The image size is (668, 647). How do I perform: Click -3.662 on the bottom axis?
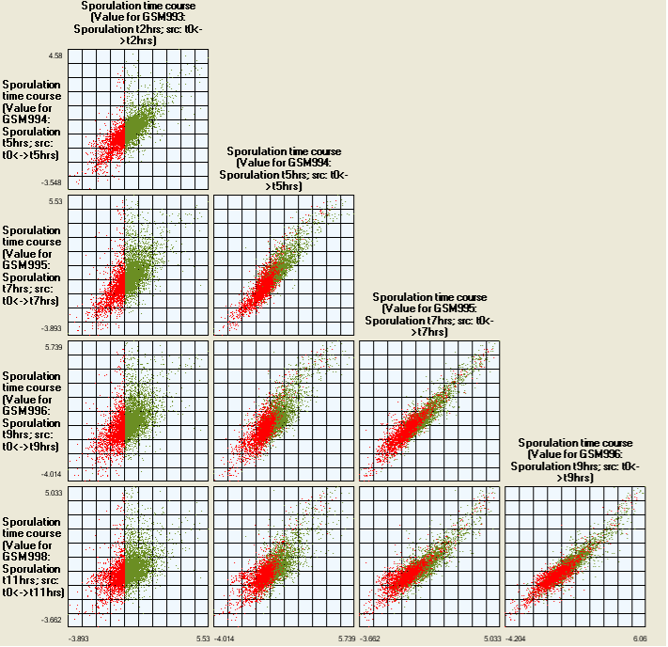[x=373, y=639]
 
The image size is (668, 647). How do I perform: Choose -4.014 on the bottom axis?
[x=228, y=639]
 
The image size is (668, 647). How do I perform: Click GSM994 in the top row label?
[x=20, y=119]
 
